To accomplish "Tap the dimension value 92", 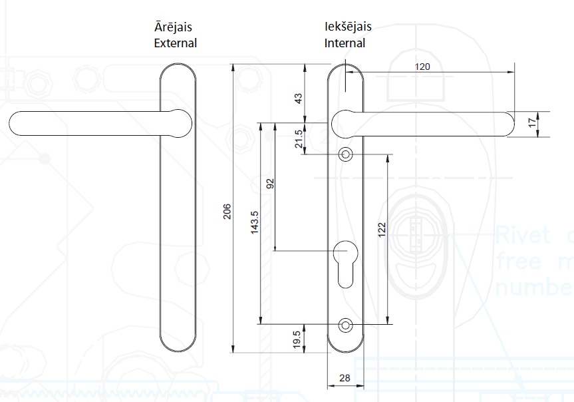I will coord(270,184).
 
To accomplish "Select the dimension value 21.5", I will coord(299,139).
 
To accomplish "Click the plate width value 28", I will coord(345,378).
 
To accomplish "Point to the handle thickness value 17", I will coord(531,122).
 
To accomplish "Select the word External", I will coord(175,43).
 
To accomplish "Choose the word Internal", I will coord(345,43).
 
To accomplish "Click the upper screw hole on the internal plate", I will coord(345,154).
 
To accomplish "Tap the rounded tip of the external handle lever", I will coord(19,123).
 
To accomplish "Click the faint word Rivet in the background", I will coord(522,234).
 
